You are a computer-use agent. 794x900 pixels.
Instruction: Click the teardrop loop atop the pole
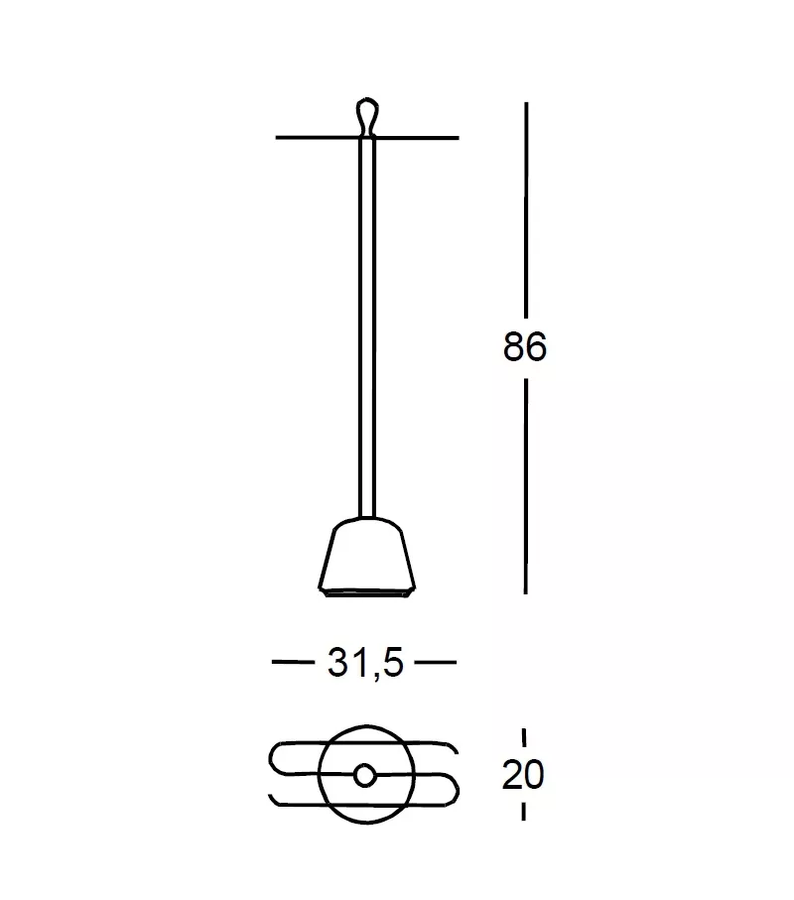(367, 112)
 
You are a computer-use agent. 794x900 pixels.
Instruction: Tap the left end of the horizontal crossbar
(279, 137)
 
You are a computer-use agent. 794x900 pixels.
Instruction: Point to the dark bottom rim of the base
(366, 593)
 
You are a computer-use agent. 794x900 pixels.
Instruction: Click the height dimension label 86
(525, 347)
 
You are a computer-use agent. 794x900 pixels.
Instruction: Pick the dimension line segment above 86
(525, 208)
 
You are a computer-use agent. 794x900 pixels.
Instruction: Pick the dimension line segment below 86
(525, 486)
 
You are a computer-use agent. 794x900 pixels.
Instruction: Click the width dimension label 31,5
(365, 662)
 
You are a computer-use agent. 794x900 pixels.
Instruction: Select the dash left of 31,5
(292, 662)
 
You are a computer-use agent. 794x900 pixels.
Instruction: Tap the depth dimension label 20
(524, 774)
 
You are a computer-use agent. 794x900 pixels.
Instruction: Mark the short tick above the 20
(524, 737)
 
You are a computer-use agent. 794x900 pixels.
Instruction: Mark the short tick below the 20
(524, 811)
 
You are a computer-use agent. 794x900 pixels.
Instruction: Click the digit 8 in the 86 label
(513, 347)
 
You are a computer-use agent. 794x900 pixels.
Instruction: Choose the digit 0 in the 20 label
(536, 774)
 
